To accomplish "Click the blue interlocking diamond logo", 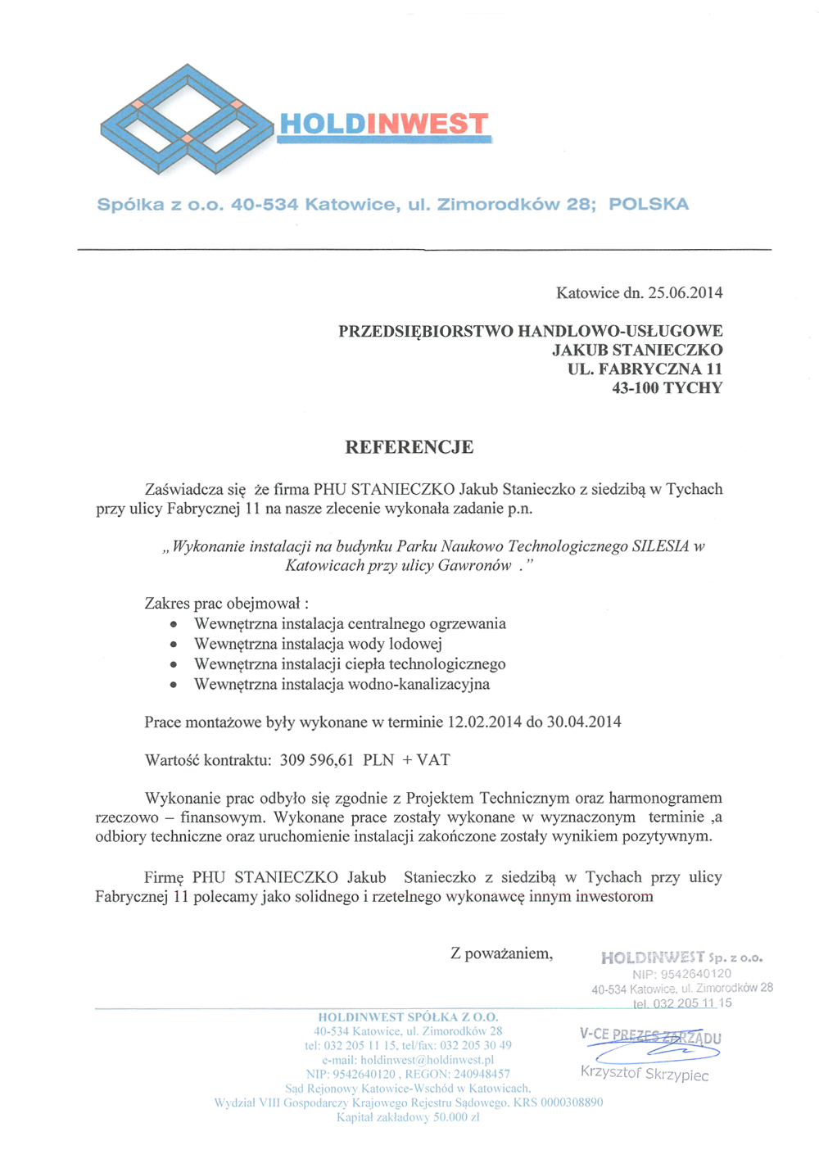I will coord(187,120).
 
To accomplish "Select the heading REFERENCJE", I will coord(409,447).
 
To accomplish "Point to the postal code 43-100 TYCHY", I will coord(667,388).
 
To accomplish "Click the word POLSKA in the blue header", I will coord(648,204).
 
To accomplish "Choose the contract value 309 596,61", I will coord(316,760).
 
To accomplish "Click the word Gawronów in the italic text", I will coord(474,565).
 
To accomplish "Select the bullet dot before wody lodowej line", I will coord(174,645).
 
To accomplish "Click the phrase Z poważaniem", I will coord(501,953).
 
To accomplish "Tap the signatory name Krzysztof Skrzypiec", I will coord(645,1073).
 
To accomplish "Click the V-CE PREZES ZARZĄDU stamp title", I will coord(650,1035).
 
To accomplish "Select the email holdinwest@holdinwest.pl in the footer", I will coord(408,1060).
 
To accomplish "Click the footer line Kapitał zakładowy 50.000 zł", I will coord(408,1117).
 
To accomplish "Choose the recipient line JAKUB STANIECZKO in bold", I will coord(637,351).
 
